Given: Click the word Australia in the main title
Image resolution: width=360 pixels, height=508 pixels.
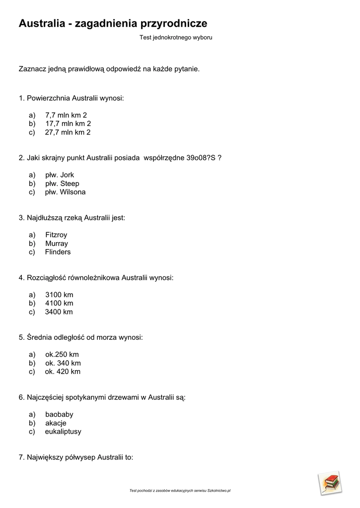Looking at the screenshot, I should pyautogui.click(x=42, y=23).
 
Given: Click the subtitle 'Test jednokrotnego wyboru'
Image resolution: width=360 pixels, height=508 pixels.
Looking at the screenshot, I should pyautogui.click(x=176, y=37).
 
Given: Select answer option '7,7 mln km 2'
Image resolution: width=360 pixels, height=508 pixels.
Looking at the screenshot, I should pyautogui.click(x=66, y=115).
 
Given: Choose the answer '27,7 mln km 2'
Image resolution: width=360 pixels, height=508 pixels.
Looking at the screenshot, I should pyautogui.click(x=68, y=132).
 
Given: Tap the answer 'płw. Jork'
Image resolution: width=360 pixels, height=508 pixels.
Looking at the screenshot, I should pyautogui.click(x=60, y=175).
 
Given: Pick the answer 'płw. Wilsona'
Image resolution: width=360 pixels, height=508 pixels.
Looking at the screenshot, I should pyautogui.click(x=65, y=192).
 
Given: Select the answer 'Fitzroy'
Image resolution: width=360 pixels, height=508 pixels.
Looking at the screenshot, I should pyautogui.click(x=56, y=235).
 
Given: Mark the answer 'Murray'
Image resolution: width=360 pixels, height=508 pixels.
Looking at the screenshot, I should pyautogui.click(x=57, y=244).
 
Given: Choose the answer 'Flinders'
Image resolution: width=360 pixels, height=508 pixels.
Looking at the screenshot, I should pyautogui.click(x=58, y=252).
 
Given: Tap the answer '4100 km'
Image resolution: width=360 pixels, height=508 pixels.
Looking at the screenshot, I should pyautogui.click(x=59, y=303).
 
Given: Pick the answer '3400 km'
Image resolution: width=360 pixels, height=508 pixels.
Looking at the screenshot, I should pyautogui.click(x=59, y=312).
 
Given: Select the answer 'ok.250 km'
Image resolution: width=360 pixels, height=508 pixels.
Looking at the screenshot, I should pyautogui.click(x=62, y=354).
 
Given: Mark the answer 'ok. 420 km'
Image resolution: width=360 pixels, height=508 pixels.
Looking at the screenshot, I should pyautogui.click(x=63, y=372).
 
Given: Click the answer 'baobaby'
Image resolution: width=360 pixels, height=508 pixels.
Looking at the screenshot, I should pyautogui.click(x=59, y=414).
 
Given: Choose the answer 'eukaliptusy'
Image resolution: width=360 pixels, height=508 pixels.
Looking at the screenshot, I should pyautogui.click(x=63, y=432).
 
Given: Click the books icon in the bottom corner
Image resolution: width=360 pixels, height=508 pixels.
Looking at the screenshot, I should pyautogui.click(x=330, y=483).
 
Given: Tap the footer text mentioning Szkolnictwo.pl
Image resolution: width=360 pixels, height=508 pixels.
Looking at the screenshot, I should pyautogui.click(x=180, y=491).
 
